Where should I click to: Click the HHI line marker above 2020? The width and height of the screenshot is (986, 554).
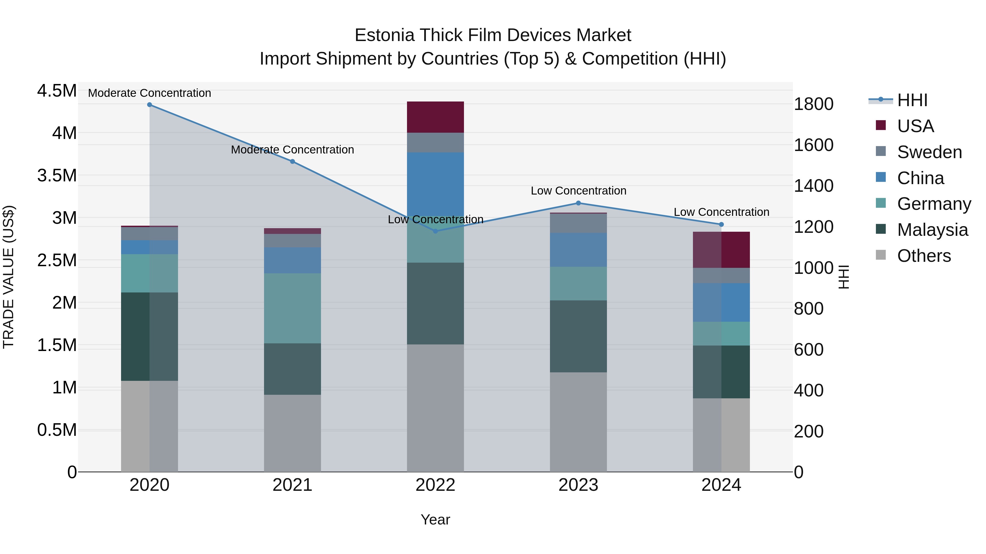tap(150, 105)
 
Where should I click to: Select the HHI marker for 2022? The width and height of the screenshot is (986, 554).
tap(435, 231)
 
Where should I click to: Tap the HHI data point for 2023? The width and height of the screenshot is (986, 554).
tap(578, 203)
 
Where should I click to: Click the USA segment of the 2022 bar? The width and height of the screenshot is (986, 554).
tap(435, 117)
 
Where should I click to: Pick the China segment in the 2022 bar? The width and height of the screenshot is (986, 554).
tap(435, 184)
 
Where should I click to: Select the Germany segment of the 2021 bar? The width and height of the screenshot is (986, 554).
tap(293, 308)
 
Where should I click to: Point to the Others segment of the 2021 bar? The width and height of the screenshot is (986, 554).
tap(293, 433)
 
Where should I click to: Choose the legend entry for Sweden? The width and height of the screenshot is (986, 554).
tap(929, 152)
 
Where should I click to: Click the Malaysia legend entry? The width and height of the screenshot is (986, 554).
tap(932, 230)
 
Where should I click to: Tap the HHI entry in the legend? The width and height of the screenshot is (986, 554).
tap(912, 100)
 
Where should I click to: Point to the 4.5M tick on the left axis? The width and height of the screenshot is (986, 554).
tap(57, 91)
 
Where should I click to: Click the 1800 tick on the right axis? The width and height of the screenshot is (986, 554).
tap(813, 104)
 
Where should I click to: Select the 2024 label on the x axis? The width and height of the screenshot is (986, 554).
tap(721, 485)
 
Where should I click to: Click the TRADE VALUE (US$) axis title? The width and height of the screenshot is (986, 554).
tap(8, 277)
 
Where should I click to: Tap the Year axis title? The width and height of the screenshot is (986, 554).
tap(435, 520)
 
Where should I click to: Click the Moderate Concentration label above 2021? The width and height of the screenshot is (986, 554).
tap(293, 149)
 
